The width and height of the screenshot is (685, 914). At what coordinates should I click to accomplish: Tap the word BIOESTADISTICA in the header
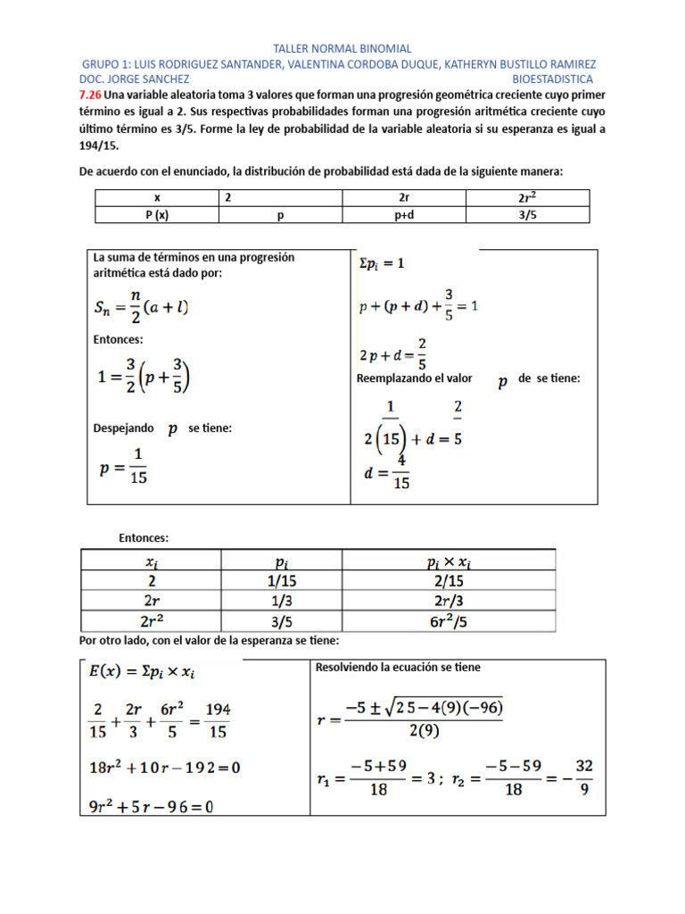[x=552, y=79]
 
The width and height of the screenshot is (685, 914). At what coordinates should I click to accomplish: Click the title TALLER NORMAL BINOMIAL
[x=342, y=49]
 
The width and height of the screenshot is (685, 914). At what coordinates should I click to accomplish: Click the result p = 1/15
[x=123, y=466]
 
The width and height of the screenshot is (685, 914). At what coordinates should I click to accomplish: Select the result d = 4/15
[x=387, y=472]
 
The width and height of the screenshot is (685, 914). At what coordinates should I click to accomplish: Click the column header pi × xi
[x=449, y=561]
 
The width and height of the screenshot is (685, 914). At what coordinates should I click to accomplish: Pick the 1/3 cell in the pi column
[x=281, y=601]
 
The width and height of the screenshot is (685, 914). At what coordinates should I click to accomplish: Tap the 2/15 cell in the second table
[x=449, y=581]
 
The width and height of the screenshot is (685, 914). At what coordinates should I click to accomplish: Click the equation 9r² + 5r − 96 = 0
[x=156, y=805]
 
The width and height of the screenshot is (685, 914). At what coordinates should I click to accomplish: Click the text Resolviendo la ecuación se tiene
[x=398, y=668]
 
